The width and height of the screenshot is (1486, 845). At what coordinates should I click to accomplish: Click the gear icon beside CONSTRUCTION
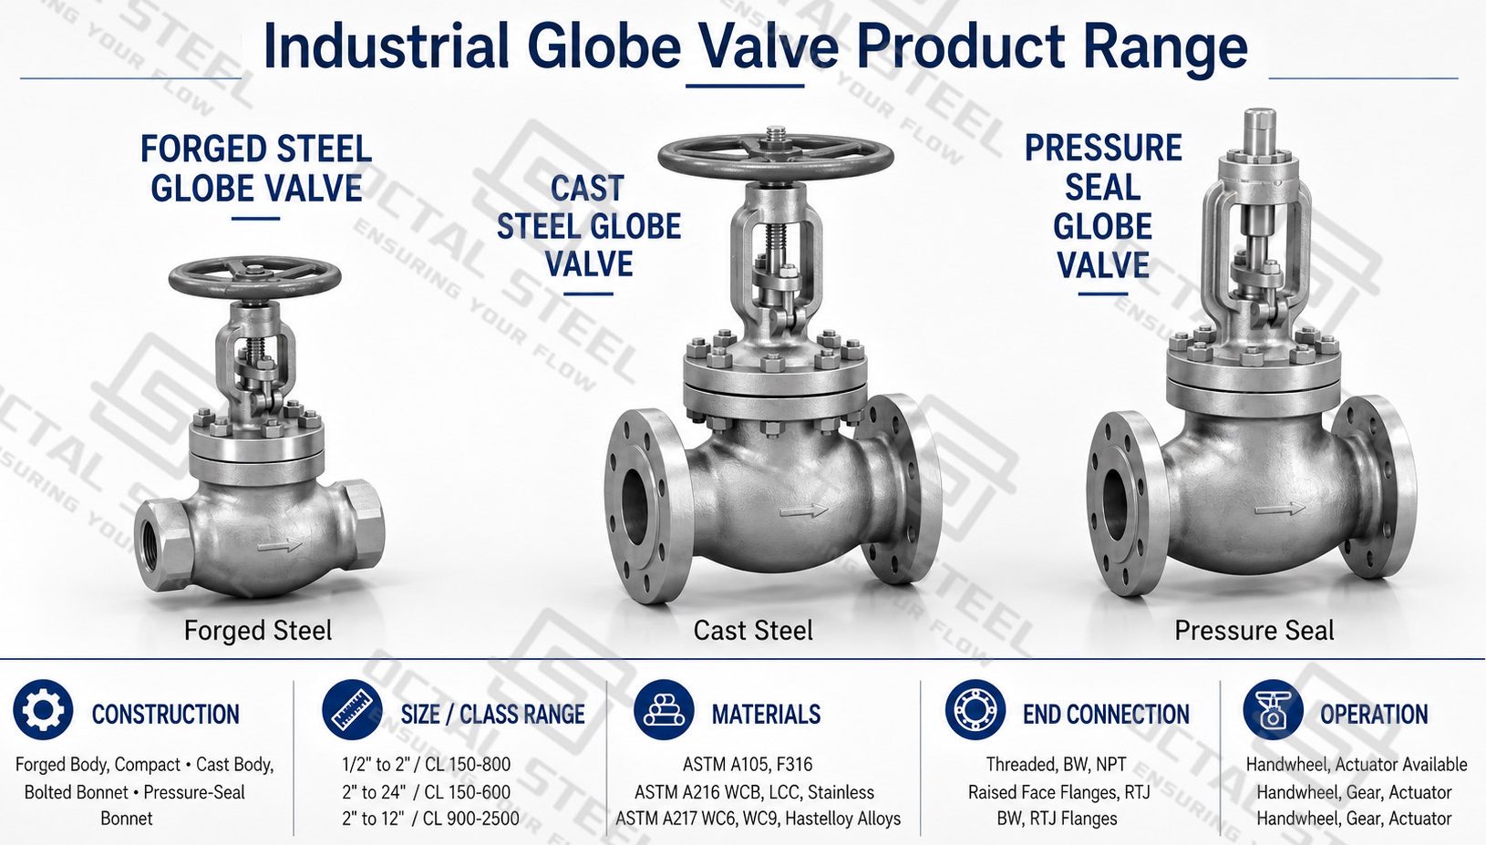point(43,710)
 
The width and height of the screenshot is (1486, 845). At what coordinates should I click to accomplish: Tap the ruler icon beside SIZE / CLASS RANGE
point(352,710)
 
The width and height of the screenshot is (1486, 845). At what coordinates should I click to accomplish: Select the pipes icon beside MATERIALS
point(664,710)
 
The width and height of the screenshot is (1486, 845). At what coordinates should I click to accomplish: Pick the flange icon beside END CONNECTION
point(975,710)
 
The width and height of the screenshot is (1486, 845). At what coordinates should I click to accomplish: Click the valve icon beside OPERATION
point(1273,710)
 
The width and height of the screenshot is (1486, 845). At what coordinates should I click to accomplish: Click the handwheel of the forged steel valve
point(254,276)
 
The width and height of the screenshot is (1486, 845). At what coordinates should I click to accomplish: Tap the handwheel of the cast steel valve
point(776,157)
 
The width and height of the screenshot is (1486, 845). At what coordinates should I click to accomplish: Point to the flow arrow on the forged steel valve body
point(280,546)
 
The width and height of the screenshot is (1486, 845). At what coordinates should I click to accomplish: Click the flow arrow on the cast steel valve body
point(804,510)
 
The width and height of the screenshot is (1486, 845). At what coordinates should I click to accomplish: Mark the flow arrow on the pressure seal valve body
point(1280,510)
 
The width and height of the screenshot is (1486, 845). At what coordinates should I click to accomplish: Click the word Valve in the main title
point(769,46)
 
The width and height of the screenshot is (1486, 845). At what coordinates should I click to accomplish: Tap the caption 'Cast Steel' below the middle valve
point(753,630)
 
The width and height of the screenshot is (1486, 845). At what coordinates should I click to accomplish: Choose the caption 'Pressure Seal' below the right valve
point(1254,630)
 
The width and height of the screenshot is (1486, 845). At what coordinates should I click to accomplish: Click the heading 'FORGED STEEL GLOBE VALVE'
point(256,169)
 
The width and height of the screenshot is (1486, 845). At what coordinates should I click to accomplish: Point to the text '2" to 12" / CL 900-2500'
point(430,819)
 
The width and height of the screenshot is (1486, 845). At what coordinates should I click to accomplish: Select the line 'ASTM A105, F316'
point(748,764)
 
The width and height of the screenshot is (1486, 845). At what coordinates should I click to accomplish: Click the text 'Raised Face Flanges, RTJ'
point(1058,792)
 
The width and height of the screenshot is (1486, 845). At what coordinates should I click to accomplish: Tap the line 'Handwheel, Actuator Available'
point(1356,764)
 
